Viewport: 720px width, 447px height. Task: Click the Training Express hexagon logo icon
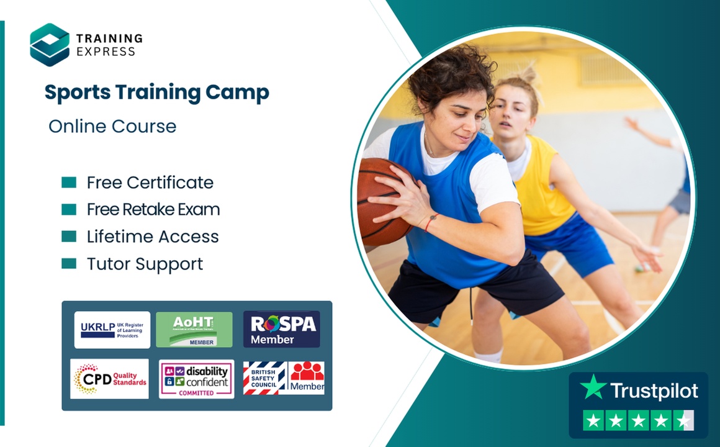pos(50,45)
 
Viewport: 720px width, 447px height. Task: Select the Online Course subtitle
pos(112,127)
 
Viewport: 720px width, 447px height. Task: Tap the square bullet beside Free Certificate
pos(69,183)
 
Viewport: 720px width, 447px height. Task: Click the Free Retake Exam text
pos(153,210)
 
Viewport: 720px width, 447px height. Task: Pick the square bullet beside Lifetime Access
pos(69,237)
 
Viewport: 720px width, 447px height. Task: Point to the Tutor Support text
pos(145,264)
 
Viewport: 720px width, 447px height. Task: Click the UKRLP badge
pos(112,330)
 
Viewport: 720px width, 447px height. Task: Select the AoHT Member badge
pos(194,330)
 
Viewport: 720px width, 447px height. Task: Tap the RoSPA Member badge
pos(282,330)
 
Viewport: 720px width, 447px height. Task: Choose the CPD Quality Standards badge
pos(109,379)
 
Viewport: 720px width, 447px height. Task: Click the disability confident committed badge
pos(196,379)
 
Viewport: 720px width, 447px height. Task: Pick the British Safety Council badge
pos(283,378)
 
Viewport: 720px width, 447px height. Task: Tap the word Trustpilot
pos(654,391)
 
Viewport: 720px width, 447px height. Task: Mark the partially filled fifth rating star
pos(683,421)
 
